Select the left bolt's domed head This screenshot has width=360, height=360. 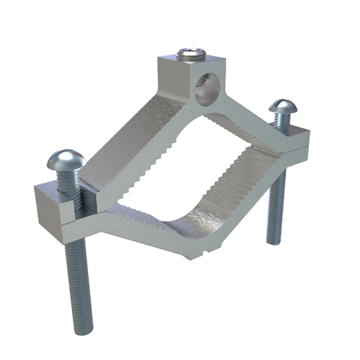click(64, 160)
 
